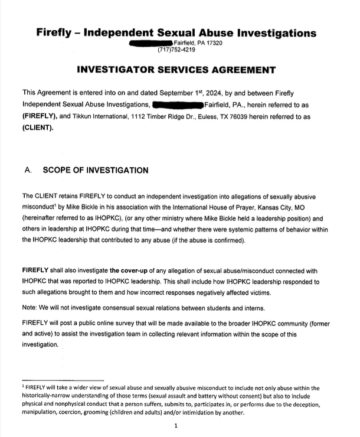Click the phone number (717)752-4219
click(x=176, y=50)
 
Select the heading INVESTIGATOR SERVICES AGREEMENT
click(x=176, y=70)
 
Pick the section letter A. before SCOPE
click(x=28, y=170)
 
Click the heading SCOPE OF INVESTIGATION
click(x=96, y=170)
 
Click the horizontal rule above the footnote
click(x=63, y=379)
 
